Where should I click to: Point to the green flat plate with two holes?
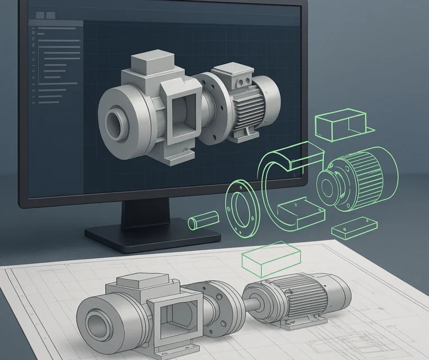click(350, 230)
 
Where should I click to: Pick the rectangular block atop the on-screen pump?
click(152, 66)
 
